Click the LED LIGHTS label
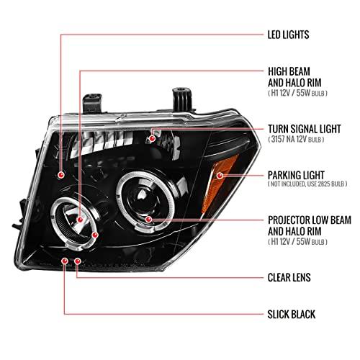(x=288, y=35)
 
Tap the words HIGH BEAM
(x=289, y=71)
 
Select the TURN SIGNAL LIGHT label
(x=305, y=129)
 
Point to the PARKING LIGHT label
(x=296, y=175)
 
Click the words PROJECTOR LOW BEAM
(x=310, y=220)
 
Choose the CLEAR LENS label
(x=289, y=277)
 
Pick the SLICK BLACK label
(x=292, y=314)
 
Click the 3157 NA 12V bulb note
(x=296, y=139)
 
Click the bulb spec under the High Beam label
(x=297, y=93)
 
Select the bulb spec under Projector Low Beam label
(x=297, y=242)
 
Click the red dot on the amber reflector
(x=220, y=176)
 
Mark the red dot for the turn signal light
(x=152, y=138)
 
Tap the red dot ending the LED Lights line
(x=61, y=175)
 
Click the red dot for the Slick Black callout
(x=65, y=261)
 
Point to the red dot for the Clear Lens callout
(x=78, y=261)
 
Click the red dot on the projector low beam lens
(x=148, y=219)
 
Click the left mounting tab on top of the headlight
(x=92, y=103)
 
